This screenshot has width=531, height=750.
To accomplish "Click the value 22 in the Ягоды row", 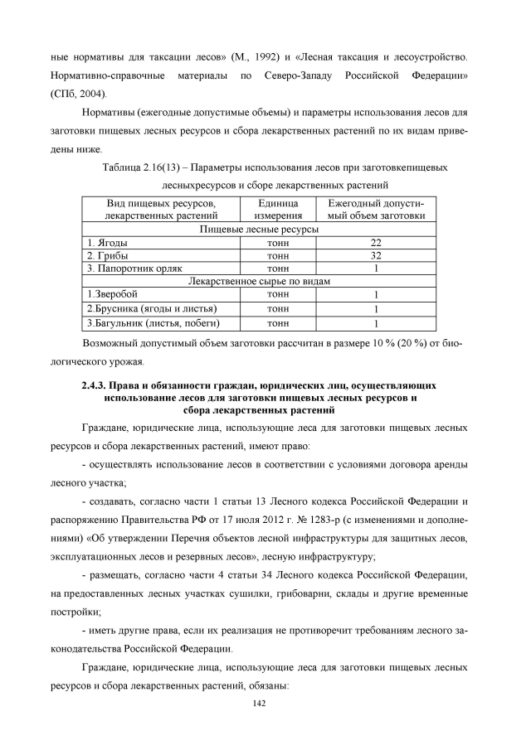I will [376, 242].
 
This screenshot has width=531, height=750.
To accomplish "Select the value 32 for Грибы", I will [376, 255].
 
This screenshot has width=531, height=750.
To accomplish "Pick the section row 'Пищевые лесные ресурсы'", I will [260, 229].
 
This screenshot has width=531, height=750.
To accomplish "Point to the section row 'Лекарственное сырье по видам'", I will [260, 281].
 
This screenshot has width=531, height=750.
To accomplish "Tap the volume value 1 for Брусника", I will [376, 308].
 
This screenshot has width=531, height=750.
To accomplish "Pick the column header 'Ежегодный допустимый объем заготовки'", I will [376, 209].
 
